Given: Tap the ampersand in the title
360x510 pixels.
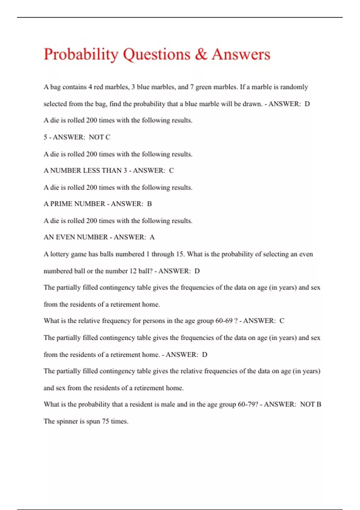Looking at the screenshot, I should pyautogui.click(x=201, y=54).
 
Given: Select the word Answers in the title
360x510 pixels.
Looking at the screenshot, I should pyautogui.click(x=241, y=54).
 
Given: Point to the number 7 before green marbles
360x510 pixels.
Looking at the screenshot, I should pyautogui.click(x=192, y=87).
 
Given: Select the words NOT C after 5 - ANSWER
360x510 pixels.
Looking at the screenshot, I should pyautogui.click(x=100, y=137).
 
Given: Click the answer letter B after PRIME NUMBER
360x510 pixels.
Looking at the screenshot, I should pyautogui.click(x=149, y=204).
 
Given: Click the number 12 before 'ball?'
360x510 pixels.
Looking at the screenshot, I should pyautogui.click(x=133, y=271).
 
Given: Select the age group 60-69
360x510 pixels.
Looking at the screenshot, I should pyautogui.click(x=224, y=321).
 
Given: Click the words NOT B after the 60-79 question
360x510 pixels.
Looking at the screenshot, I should pyautogui.click(x=310, y=404).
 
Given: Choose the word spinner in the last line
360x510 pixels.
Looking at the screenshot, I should pyautogui.click(x=67, y=421).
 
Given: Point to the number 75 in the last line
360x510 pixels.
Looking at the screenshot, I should pyautogui.click(x=105, y=421).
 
